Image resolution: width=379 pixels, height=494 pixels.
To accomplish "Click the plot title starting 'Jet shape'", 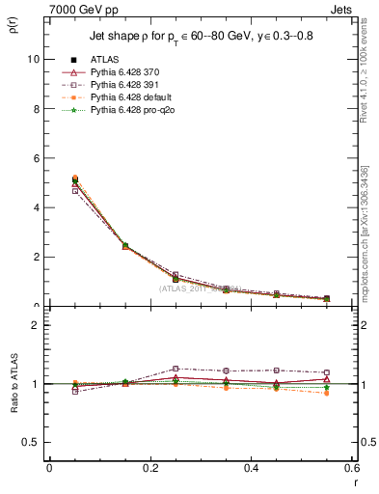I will point(194,36).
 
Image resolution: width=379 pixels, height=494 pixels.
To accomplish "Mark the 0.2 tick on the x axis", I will point(149,468).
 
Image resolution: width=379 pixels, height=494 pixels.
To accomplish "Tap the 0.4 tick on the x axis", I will point(251,468).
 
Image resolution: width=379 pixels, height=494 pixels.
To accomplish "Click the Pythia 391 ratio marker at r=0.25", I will point(176,369).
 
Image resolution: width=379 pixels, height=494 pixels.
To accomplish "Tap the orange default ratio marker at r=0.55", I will point(327,393).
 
